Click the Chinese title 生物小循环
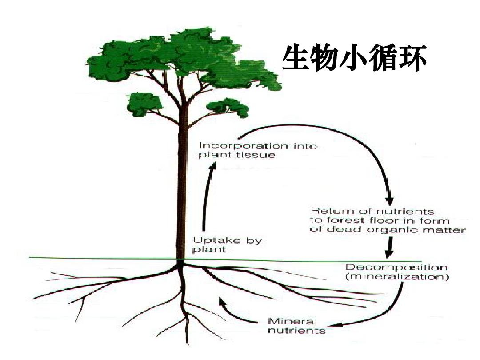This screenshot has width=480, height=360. pyautogui.click(x=355, y=58)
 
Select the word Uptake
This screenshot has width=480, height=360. pyautogui.click(x=210, y=240)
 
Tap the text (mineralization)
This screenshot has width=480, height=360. pyautogui.click(x=397, y=277)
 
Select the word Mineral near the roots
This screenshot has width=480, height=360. pyautogui.click(x=293, y=321)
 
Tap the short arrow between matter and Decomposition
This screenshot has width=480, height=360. pyautogui.click(x=389, y=248)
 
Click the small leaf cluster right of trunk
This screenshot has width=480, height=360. pyautogui.click(x=230, y=107)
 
